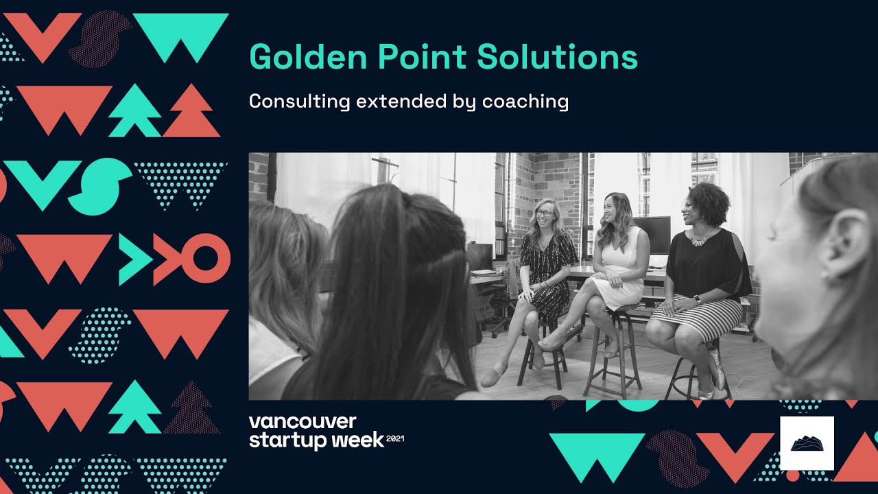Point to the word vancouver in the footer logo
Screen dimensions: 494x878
[x=302, y=421]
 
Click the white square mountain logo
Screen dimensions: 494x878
[x=807, y=443]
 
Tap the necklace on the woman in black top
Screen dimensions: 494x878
[x=700, y=237]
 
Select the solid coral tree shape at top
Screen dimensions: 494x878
[x=191, y=113]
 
